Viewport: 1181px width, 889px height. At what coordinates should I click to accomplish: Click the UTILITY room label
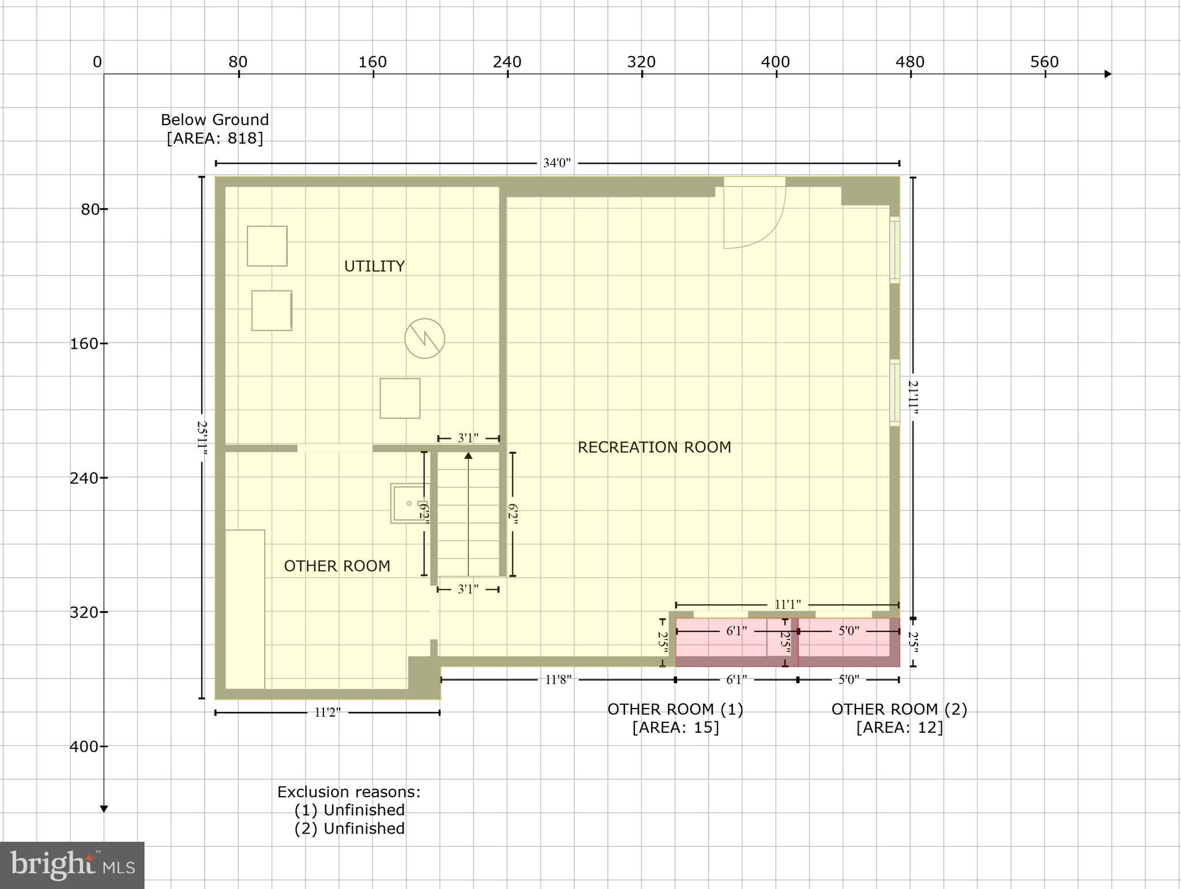[374, 266]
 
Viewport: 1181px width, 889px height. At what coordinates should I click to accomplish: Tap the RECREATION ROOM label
[654, 447]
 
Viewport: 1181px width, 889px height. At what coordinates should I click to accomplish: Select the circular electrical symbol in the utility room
[424, 338]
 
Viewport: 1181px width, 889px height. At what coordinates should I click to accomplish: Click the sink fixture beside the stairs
[409, 503]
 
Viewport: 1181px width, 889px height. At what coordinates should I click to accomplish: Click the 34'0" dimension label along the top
[556, 163]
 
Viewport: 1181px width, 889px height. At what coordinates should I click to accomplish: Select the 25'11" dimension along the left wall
[202, 438]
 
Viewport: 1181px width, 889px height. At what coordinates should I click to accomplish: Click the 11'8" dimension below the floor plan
[558, 680]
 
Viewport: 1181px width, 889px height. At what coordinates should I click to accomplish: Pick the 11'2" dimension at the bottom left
[327, 713]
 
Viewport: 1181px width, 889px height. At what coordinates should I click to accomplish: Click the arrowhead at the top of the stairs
[468, 456]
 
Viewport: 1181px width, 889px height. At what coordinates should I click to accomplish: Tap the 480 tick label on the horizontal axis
[910, 62]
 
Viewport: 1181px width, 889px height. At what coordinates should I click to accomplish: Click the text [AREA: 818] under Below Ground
[215, 138]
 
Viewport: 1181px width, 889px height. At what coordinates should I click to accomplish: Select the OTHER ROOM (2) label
[899, 709]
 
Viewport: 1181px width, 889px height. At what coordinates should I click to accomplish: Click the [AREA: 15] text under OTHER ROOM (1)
[675, 728]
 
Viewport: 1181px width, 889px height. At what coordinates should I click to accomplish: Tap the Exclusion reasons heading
[349, 792]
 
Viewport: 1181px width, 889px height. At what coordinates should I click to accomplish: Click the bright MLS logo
[72, 865]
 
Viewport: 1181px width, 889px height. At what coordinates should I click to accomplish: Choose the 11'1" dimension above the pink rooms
[787, 604]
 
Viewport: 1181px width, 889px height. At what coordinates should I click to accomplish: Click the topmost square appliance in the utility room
[267, 246]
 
